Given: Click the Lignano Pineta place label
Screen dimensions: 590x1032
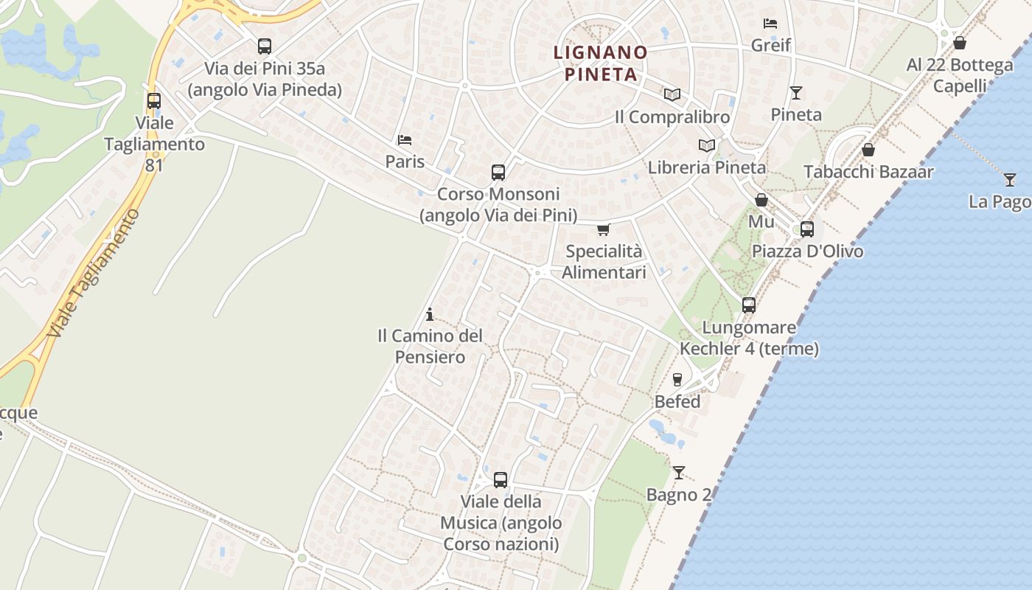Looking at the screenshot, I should click(x=600, y=63).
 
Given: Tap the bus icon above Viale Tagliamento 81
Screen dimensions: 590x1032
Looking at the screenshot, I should click(x=154, y=101).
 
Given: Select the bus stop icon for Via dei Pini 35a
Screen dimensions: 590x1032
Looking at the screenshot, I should click(x=265, y=46).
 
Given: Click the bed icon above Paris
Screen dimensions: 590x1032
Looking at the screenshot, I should click(x=404, y=139).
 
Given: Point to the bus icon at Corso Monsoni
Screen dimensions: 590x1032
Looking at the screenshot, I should click(x=498, y=173).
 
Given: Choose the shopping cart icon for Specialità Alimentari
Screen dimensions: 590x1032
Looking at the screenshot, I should click(x=604, y=229).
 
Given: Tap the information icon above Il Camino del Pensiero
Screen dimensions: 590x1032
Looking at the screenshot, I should click(x=430, y=315).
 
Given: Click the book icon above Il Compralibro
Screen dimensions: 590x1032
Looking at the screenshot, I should click(x=672, y=94).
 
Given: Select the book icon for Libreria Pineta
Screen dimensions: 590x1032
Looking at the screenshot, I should click(x=707, y=145).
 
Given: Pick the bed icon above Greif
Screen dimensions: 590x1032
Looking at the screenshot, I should click(x=770, y=24).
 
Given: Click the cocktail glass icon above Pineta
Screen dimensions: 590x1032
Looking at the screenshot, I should click(x=796, y=93).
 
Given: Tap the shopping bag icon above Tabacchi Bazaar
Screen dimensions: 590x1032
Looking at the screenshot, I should click(x=868, y=150).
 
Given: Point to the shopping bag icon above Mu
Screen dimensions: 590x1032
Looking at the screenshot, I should click(x=761, y=200).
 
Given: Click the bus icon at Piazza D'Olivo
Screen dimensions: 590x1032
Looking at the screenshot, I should click(x=807, y=229).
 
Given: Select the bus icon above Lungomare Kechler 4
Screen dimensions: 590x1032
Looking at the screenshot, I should click(x=749, y=305).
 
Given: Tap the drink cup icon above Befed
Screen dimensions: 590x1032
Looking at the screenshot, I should click(x=677, y=380).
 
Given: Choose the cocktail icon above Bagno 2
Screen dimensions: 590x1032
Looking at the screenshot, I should click(x=679, y=473).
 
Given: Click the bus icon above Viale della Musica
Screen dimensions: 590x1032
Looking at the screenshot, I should click(x=501, y=480).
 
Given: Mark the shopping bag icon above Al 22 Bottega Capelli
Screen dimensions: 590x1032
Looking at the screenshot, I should click(x=960, y=43).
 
